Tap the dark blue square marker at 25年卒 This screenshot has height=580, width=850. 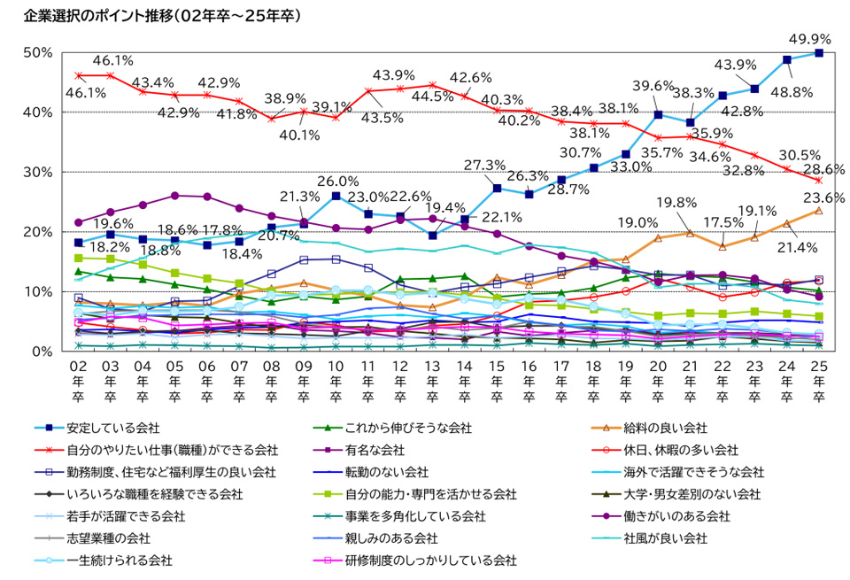click(819, 53)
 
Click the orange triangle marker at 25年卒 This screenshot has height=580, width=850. click(819, 211)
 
